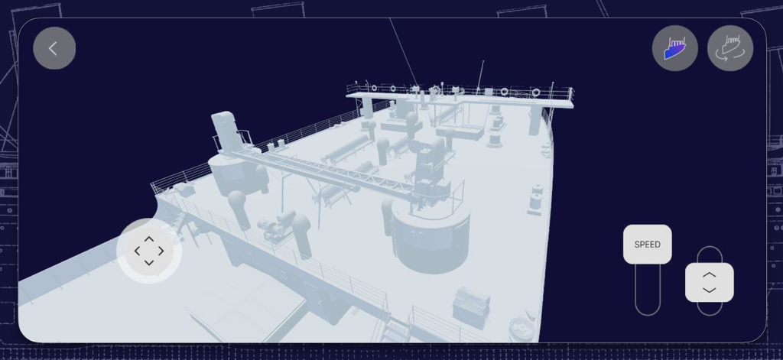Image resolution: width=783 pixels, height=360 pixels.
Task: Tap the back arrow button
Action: pyautogui.click(x=54, y=48)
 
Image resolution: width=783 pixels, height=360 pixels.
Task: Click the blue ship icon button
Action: pyautogui.click(x=674, y=48)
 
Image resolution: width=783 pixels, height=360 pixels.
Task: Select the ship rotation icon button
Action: pyautogui.click(x=729, y=48)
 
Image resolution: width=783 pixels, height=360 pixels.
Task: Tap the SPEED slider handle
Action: pyautogui.click(x=647, y=245)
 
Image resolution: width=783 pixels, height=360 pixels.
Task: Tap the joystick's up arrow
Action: pyautogui.click(x=149, y=239)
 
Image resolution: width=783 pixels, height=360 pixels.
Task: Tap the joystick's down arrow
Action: pyautogui.click(x=149, y=263)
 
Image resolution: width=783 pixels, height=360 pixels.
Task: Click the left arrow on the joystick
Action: pyautogui.click(x=138, y=251)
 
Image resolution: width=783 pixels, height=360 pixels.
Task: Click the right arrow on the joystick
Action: pyautogui.click(x=161, y=251)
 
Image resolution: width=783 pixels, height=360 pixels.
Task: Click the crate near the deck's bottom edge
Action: pyautogui.click(x=470, y=305)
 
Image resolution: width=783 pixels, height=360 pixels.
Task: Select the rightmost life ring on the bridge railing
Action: pyautogui.click(x=535, y=92)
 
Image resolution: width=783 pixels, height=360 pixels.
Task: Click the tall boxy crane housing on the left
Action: pyautogui.click(x=225, y=131)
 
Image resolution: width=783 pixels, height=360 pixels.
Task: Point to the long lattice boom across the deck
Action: pyautogui.click(x=329, y=174)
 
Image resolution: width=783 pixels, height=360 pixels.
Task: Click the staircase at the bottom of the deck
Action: pyautogui.click(x=395, y=332)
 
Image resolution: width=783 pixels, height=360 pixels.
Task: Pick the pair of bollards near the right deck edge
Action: pyautogui.click(x=536, y=197)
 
